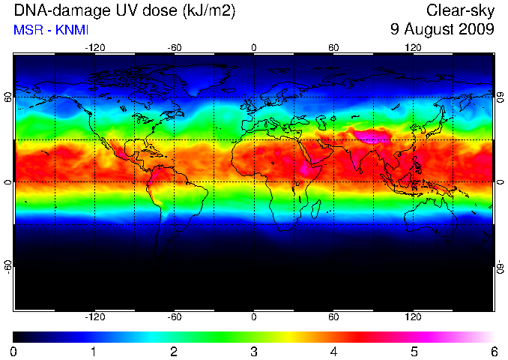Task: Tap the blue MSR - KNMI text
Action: tap(51, 30)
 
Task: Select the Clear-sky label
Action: tap(460, 10)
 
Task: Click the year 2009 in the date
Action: tap(476, 29)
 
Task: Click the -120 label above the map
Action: tap(95, 48)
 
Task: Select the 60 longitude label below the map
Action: tap(333, 316)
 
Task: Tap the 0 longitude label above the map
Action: tap(254, 48)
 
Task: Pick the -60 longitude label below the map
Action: tap(175, 316)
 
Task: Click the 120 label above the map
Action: tap(413, 48)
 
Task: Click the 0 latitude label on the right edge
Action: tap(501, 182)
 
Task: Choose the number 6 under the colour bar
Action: tap(494, 352)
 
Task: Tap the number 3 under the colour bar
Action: tap(254, 352)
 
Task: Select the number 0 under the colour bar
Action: tap(13, 352)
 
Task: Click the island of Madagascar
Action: tap(316, 208)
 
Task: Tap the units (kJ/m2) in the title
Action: tap(208, 11)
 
